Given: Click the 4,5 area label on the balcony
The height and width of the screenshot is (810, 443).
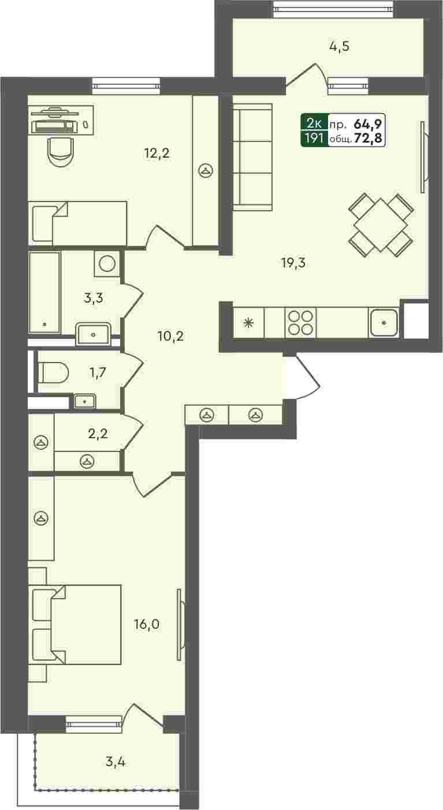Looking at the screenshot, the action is click(x=339, y=47).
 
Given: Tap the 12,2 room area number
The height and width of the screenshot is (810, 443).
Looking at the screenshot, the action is click(x=157, y=154).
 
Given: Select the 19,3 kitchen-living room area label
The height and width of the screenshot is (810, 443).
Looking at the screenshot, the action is click(x=293, y=263).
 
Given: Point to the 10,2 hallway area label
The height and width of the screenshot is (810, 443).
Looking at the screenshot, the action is click(x=170, y=336).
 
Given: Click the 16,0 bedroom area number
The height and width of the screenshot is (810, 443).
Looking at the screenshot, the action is click(x=147, y=624).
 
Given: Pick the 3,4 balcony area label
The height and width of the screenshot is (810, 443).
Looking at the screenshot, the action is click(x=116, y=762).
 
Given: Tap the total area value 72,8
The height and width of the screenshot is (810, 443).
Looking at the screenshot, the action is click(x=368, y=138).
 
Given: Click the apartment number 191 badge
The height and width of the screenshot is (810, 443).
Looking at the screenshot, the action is click(x=314, y=138).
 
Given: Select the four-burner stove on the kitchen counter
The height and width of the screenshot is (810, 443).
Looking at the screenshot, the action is click(x=300, y=323).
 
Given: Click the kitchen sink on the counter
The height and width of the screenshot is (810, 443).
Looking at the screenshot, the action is click(x=384, y=322).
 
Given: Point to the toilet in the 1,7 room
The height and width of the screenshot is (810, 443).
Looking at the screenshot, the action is click(x=53, y=373).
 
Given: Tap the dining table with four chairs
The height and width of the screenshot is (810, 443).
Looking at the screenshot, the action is click(x=381, y=225).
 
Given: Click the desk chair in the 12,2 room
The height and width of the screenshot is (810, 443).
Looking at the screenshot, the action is click(x=61, y=151).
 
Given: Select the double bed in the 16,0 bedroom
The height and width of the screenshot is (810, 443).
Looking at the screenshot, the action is click(x=75, y=625).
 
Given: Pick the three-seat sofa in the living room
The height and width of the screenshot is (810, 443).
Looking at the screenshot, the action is click(x=252, y=157).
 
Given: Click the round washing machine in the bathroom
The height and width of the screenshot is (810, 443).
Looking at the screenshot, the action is click(x=107, y=263).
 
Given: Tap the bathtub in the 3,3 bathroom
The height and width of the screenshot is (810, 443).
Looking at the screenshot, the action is click(x=44, y=292).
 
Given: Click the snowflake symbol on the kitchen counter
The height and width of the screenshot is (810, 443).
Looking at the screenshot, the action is click(x=248, y=323).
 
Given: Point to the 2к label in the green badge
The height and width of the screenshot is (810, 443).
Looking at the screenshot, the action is click(x=314, y=124).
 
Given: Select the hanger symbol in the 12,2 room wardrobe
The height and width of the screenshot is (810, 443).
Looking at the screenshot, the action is click(x=206, y=171).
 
